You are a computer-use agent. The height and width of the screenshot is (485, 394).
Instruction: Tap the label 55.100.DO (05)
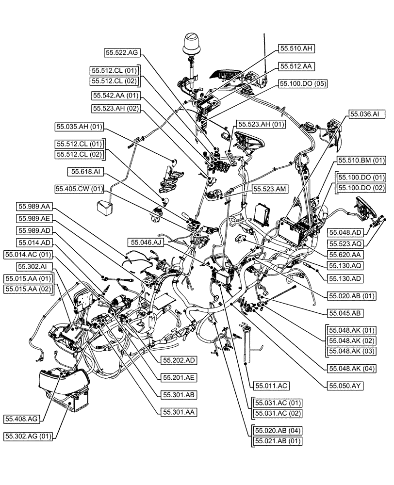pyautogui.click(x=302, y=83)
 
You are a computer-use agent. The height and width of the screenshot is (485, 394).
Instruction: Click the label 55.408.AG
pyautogui.click(x=23, y=418)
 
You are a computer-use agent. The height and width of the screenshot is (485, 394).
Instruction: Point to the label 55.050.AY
pyautogui.click(x=345, y=386)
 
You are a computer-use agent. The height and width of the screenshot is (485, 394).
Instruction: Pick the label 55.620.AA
pyautogui.click(x=345, y=254)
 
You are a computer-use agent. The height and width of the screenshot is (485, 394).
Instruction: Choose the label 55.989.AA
pyautogui.click(x=35, y=206)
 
